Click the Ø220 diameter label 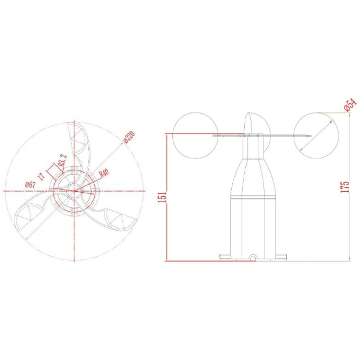(129, 137)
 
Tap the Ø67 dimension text (30, 184)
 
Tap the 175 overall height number (345, 186)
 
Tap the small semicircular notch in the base (254, 258)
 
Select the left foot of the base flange (225, 257)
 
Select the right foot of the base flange (281, 257)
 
